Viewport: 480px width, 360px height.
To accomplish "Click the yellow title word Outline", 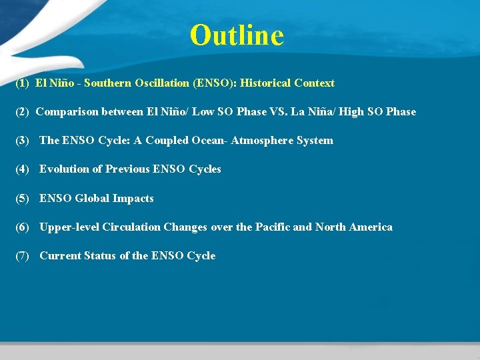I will pyautogui.click(x=237, y=35).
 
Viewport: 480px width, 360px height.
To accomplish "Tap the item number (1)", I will pyautogui.click(x=23, y=83).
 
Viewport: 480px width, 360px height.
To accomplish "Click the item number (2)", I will pyautogui.click(x=23, y=112).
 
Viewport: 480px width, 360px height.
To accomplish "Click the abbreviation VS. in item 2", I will pyautogui.click(x=279, y=112).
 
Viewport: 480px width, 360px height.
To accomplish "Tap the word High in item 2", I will pyautogui.click(x=351, y=112).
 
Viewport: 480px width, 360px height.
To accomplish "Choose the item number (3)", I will pyautogui.click(x=23, y=141).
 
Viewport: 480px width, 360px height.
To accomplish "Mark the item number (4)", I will pyautogui.click(x=23, y=169).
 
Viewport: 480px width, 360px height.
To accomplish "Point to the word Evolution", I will pyautogui.click(x=64, y=169).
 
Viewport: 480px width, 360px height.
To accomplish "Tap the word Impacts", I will pyautogui.click(x=133, y=199).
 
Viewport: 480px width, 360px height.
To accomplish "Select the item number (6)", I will pyautogui.click(x=23, y=227).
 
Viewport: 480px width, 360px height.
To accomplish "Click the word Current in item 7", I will pyautogui.click(x=60, y=256).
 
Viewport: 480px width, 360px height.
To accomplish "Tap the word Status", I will pyautogui.click(x=100, y=256).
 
